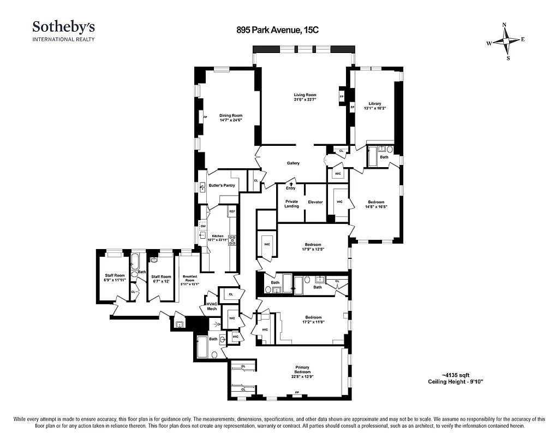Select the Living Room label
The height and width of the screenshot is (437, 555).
point(305,95)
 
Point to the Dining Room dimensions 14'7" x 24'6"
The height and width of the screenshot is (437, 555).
point(230,120)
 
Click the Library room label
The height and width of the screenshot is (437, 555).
point(374,103)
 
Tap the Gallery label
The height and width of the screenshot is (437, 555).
point(293,163)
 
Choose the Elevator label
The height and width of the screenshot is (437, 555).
point(315,202)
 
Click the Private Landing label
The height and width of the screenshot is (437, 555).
point(291,204)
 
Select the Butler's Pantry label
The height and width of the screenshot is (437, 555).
point(222,185)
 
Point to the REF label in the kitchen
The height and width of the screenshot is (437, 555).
point(232,211)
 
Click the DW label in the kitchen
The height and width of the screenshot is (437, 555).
point(202,226)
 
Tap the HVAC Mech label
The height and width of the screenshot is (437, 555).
point(211,306)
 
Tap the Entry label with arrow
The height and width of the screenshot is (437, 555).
point(290,186)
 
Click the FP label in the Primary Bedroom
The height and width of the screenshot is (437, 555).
point(297,392)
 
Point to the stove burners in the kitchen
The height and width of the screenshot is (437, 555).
point(232,238)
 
